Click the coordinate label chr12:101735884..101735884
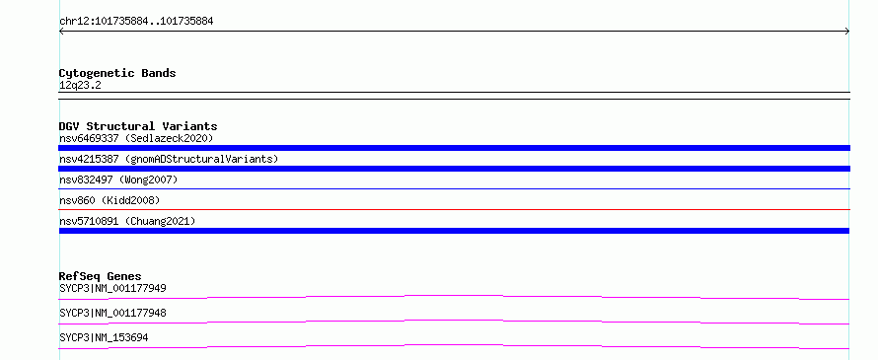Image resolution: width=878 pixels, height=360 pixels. pyautogui.click(x=136, y=22)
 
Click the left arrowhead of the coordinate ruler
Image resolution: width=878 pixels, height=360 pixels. pyautogui.click(x=61, y=32)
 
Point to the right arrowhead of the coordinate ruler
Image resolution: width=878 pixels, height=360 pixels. pyautogui.click(x=847, y=32)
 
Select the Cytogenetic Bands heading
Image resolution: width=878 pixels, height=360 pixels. pyautogui.click(x=117, y=73)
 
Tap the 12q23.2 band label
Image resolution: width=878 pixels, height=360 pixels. pyautogui.click(x=80, y=86)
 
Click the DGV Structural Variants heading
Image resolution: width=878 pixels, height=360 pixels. pyautogui.click(x=138, y=126)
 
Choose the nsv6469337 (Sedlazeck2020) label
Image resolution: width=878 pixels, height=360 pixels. pyautogui.click(x=136, y=138)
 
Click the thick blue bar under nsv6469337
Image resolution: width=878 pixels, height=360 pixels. pyautogui.click(x=454, y=148)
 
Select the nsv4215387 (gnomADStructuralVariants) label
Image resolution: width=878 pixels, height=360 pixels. pyautogui.click(x=169, y=159)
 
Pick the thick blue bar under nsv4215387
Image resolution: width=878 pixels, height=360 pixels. pyautogui.click(x=454, y=169)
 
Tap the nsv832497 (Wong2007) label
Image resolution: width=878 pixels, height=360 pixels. pyautogui.click(x=118, y=180)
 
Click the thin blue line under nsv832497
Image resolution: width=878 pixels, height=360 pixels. pyautogui.click(x=454, y=188)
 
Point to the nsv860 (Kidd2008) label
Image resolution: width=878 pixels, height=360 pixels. pyautogui.click(x=110, y=200)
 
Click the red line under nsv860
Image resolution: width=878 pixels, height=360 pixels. pyautogui.click(x=454, y=209)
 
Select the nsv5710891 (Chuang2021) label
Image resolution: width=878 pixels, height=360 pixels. pyautogui.click(x=127, y=221)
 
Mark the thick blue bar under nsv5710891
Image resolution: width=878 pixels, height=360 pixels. pyautogui.click(x=454, y=231)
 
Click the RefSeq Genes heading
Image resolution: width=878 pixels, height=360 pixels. pyautogui.click(x=100, y=276)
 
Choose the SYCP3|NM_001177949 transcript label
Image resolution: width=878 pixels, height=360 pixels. pyautogui.click(x=112, y=288)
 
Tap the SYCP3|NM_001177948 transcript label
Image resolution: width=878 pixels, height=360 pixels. pyautogui.click(x=112, y=313)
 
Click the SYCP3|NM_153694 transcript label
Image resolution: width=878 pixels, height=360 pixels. pyautogui.click(x=104, y=337)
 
